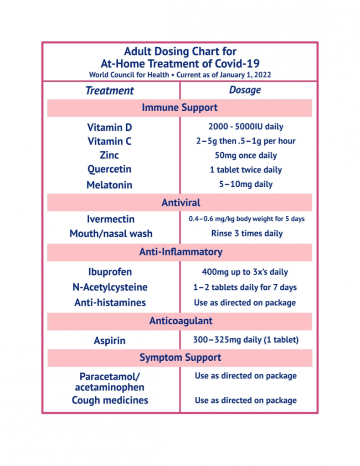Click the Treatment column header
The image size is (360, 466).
pyautogui.click(x=109, y=90)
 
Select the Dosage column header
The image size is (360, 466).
pyautogui.click(x=245, y=90)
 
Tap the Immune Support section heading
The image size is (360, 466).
pyautogui.click(x=180, y=108)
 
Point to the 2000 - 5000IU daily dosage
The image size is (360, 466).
pyautogui.click(x=246, y=127)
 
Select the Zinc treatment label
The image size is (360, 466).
pyautogui.click(x=109, y=155)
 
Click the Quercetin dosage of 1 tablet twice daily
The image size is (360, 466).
pyautogui.click(x=246, y=170)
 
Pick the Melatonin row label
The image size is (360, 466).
pyautogui.click(x=109, y=185)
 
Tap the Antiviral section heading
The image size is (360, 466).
pyautogui.click(x=180, y=202)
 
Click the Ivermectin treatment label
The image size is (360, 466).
pyautogui.click(x=111, y=219)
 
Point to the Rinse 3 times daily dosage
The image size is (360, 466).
pyautogui.click(x=247, y=234)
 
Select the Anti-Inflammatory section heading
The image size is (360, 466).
pyautogui.click(x=180, y=251)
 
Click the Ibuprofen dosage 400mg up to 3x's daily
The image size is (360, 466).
pyautogui.click(x=245, y=272)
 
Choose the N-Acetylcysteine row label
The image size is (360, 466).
pyautogui.click(x=110, y=287)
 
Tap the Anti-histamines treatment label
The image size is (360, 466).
pyautogui.click(x=110, y=302)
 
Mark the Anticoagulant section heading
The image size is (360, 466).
pyautogui.click(x=180, y=321)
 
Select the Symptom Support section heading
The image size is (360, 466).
pyautogui.click(x=180, y=358)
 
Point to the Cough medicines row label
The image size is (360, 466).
pyautogui.click(x=110, y=400)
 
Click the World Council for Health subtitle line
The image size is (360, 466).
pyautogui.click(x=180, y=74)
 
